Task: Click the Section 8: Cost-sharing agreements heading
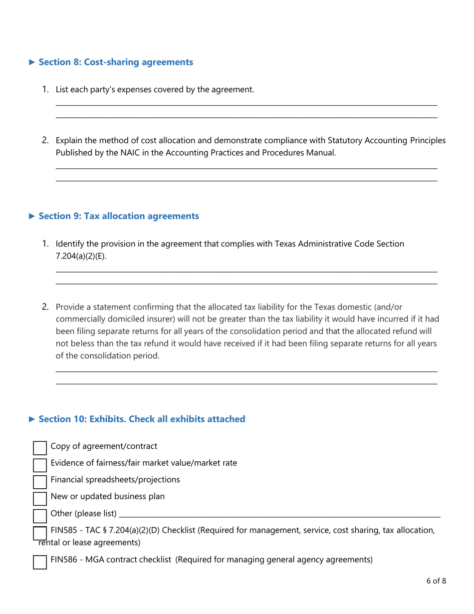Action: [x=116, y=62]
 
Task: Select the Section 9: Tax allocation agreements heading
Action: [x=119, y=216]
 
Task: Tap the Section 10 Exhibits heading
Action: [x=142, y=419]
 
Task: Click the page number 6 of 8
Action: [x=436, y=581]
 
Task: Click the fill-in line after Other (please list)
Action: [x=279, y=514]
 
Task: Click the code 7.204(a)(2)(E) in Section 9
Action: [x=80, y=257]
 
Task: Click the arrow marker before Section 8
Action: [x=32, y=62]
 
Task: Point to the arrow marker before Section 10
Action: [x=32, y=419]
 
